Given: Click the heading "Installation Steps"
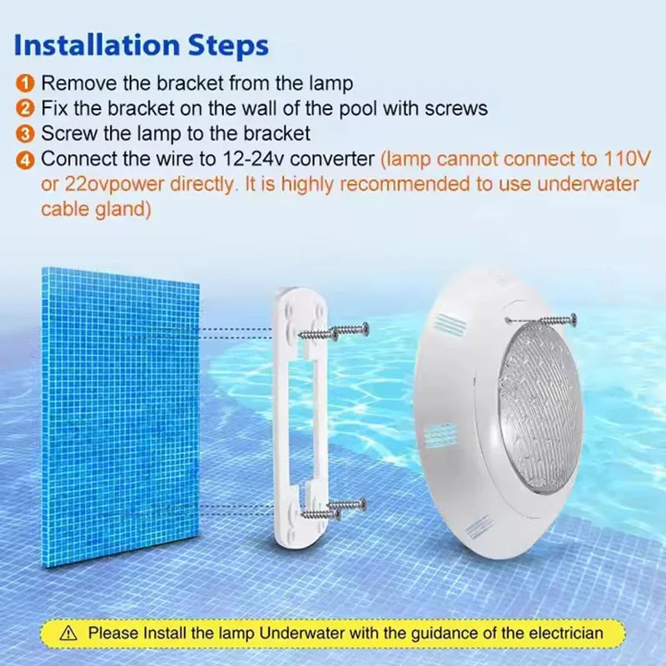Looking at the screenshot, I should pos(142,45).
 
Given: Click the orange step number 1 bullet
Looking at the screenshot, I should pos(27,83).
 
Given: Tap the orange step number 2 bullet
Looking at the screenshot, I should pos(27,108).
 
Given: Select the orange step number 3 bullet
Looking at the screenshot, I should pos(27,133).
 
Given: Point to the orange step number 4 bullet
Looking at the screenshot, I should pos(27,158).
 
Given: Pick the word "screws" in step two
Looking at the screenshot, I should pos(455,108).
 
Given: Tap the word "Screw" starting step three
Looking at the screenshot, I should pos(66,133).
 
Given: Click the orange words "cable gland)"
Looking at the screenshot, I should pos(96,210).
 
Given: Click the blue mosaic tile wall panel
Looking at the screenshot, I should pos(121,416).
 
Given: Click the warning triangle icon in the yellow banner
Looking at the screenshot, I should pos(69,634).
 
